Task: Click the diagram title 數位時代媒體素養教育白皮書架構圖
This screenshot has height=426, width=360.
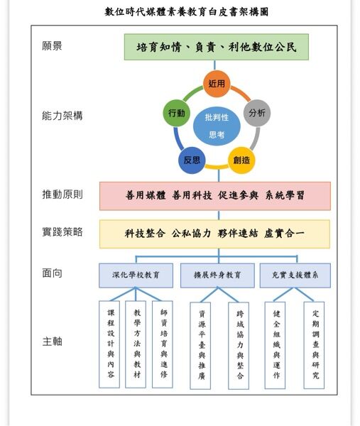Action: pyautogui.click(x=187, y=12)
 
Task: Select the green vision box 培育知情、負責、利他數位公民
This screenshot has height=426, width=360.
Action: pyautogui.click(x=217, y=47)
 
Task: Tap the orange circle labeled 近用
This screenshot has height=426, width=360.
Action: pyautogui.click(x=217, y=83)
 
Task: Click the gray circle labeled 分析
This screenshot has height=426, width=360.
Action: pyautogui.click(x=257, y=113)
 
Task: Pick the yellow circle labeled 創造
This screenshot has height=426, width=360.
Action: pyautogui.click(x=241, y=160)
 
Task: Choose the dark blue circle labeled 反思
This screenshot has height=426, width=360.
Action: pyautogui.click(x=192, y=160)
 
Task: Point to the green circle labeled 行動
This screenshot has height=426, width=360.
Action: pyautogui.click(x=176, y=113)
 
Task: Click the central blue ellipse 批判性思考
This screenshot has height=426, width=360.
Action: pyautogui.click(x=217, y=126)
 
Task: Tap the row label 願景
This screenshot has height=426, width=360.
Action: pyautogui.click(x=52, y=45)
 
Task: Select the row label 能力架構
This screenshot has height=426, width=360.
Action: pyautogui.click(x=62, y=116)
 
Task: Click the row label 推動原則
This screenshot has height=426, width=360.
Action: pyautogui.click(x=62, y=195)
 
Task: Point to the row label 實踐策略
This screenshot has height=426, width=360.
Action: pyautogui.click(x=62, y=232)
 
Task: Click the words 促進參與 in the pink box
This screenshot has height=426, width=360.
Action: pyautogui.click(x=238, y=195)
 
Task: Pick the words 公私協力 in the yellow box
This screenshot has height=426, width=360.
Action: pyautogui.click(x=191, y=234)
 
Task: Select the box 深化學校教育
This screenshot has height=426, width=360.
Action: pyautogui.click(x=136, y=275)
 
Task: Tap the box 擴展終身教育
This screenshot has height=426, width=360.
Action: pyautogui.click(x=217, y=275)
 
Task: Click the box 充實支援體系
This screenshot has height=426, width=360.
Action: pyautogui.click(x=295, y=275)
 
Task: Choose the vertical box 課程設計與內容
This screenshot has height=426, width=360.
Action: pyautogui.click(x=109, y=344)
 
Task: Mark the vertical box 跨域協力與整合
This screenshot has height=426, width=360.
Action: pyautogui.click(x=239, y=346)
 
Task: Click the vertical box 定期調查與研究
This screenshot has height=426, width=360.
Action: pyautogui.click(x=314, y=345)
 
